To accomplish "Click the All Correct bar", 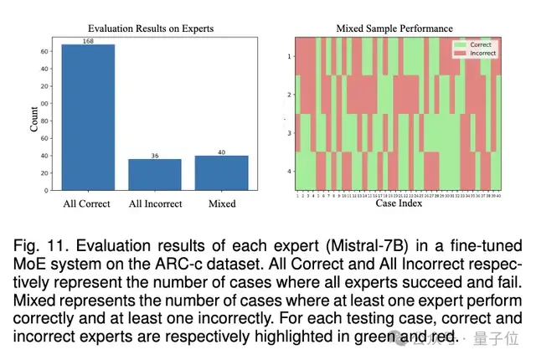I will (x=88, y=117).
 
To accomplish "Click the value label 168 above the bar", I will (x=88, y=40).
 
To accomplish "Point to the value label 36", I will (x=154, y=155).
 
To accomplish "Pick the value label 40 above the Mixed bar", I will (x=221, y=152).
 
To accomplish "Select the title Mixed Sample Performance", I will (x=394, y=28).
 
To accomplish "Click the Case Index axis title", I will (x=399, y=203).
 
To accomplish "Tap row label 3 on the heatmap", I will (x=289, y=133).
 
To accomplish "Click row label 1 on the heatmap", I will (x=289, y=56).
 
